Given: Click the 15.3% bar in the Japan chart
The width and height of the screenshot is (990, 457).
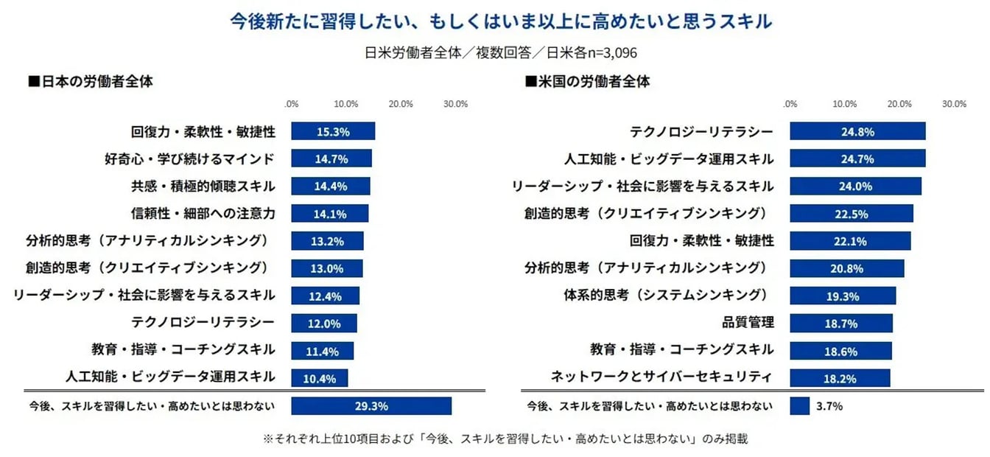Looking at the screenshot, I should (333, 132).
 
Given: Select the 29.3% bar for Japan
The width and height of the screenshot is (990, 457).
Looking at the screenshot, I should (371, 406).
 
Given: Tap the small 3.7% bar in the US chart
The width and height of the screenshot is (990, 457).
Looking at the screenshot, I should (799, 406).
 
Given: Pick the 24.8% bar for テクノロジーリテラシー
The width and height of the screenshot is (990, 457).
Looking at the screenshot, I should (857, 132).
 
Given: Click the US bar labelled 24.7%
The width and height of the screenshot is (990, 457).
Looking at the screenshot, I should (857, 159).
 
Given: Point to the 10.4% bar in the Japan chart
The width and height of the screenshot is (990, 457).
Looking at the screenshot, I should (320, 379).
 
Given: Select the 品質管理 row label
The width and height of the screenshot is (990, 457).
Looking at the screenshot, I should (748, 322).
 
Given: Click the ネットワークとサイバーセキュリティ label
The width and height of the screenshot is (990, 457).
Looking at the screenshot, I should (662, 377).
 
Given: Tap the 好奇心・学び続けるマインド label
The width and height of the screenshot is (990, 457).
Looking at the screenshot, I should (190, 158).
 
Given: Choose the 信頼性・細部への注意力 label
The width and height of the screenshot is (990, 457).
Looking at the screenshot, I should (203, 214).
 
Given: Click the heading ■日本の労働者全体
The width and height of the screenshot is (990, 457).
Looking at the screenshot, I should (90, 82).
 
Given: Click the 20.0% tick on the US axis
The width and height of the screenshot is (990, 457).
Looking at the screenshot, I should (899, 104).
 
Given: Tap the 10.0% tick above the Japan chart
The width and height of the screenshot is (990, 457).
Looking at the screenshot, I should (345, 104).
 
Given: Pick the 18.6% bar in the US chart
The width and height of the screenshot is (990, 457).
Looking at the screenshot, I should (840, 351).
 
